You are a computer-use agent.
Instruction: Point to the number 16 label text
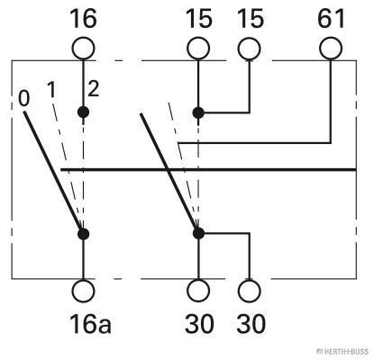83,19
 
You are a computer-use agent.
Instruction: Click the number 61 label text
331,19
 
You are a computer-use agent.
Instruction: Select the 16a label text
90,324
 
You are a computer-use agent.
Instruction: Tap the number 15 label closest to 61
251,19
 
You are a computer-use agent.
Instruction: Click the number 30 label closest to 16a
199,324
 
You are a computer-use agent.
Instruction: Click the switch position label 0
24,99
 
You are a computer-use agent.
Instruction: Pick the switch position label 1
51,90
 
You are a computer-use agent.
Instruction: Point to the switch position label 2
94,89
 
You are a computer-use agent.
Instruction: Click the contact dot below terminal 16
83,112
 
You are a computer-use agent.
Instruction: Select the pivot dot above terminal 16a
83,234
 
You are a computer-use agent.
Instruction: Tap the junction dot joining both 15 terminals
198,112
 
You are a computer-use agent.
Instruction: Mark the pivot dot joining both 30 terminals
198,233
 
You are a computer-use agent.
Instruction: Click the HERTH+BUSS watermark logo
342,352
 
